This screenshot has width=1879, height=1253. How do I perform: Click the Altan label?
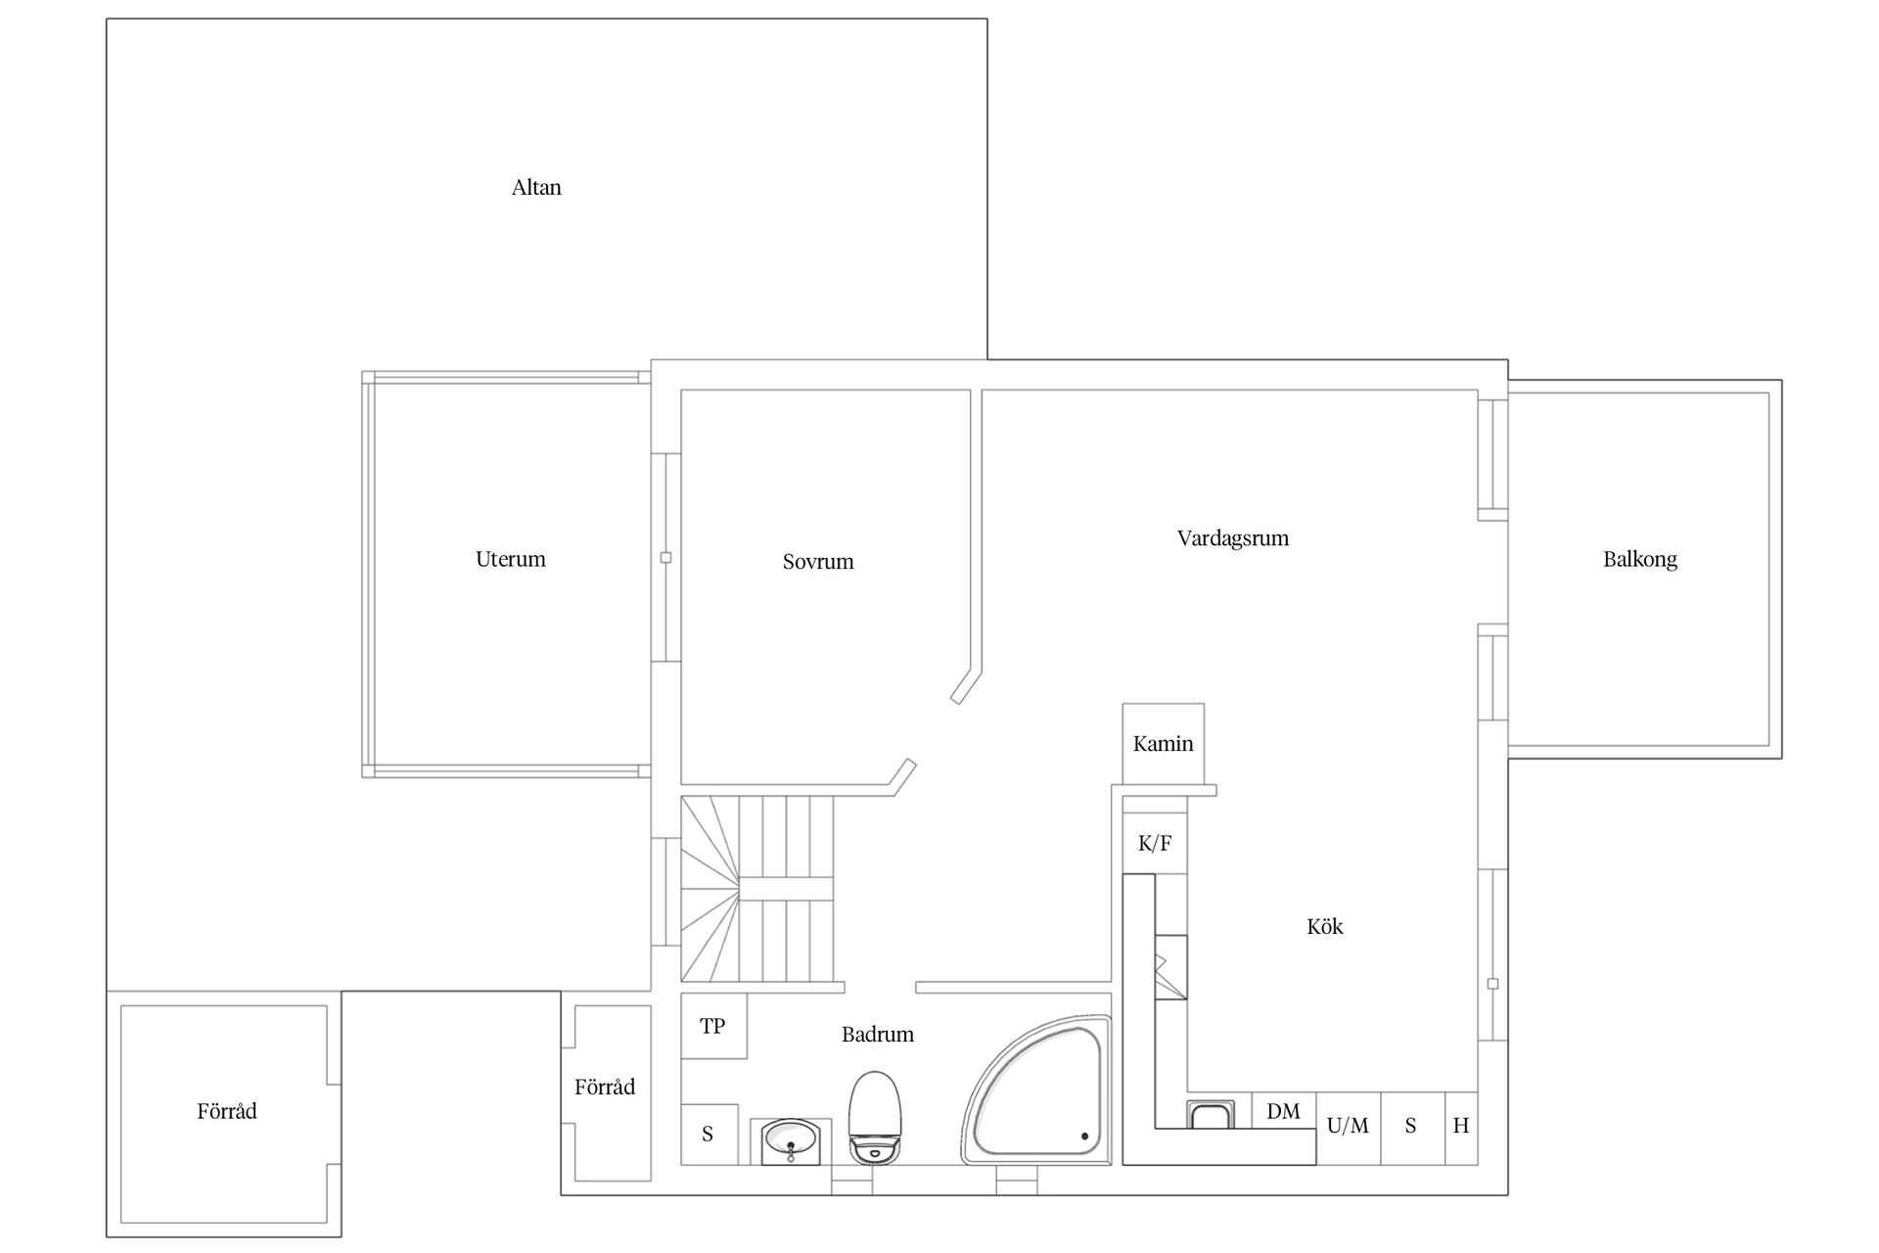click(x=536, y=187)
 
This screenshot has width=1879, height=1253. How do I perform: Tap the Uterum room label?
click(x=510, y=559)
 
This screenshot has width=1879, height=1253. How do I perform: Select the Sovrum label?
click(x=818, y=562)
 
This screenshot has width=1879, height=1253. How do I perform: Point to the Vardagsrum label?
click(x=1233, y=538)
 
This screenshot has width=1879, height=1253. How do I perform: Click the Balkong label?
click(x=1640, y=559)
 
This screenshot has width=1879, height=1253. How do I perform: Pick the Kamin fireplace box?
click(x=1164, y=743)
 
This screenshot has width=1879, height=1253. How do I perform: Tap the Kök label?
click(x=1325, y=926)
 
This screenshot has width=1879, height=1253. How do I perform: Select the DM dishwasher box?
click(x=1284, y=1111)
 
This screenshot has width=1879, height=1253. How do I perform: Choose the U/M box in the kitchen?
click(x=1349, y=1128)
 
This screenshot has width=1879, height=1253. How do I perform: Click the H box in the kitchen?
click(x=1461, y=1128)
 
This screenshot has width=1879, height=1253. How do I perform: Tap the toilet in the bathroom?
click(x=874, y=1117)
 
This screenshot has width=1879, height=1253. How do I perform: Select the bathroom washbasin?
click(x=791, y=1141)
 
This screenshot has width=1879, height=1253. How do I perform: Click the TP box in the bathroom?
click(x=713, y=1026)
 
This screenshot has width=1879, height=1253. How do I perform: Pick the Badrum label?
click(x=878, y=1035)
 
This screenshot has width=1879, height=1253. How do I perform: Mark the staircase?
click(x=757, y=888)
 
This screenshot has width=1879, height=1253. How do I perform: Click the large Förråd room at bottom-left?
click(x=224, y=1114)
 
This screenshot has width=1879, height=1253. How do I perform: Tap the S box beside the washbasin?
click(x=708, y=1135)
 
